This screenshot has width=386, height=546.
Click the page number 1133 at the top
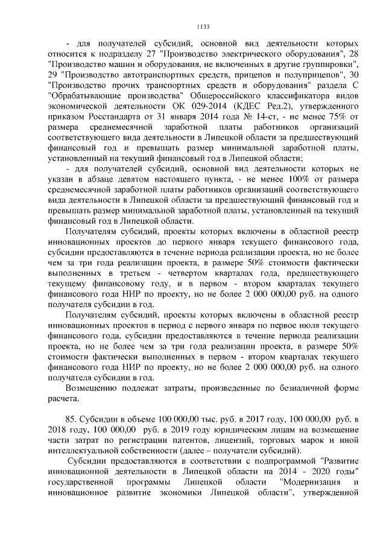pyautogui.click(x=203, y=27)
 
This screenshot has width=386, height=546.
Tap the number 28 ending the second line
pyautogui.click(x=355, y=54)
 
